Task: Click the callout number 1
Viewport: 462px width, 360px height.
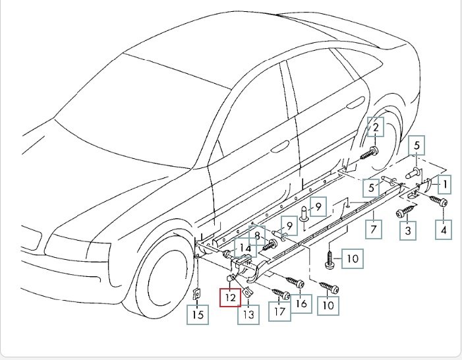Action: pyautogui.click(x=446, y=184)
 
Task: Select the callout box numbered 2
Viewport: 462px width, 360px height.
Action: pyautogui.click(x=375, y=127)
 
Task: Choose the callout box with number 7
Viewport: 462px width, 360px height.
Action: pyautogui.click(x=373, y=229)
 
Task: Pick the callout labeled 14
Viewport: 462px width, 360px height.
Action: pyautogui.click(x=246, y=249)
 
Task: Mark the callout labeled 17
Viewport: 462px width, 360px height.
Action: pyautogui.click(x=281, y=311)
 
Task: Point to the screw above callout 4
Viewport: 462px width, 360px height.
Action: pyautogui.click(x=438, y=200)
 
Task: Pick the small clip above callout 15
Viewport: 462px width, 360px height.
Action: pyautogui.click(x=196, y=293)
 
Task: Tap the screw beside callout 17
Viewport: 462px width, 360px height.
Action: pyautogui.click(x=281, y=292)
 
